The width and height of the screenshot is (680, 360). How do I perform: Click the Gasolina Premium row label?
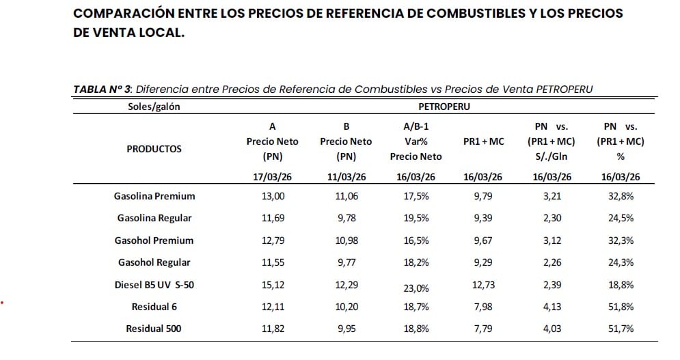click(x=154, y=196)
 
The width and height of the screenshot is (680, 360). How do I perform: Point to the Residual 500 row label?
click(x=154, y=329)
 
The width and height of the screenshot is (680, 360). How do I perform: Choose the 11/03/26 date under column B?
click(x=346, y=177)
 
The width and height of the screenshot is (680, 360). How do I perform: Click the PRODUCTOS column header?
click(x=154, y=149)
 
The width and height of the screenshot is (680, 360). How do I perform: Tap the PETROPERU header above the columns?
click(x=444, y=107)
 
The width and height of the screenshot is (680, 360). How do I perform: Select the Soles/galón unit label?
click(x=154, y=107)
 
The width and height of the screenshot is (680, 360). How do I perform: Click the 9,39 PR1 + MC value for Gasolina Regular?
click(x=482, y=218)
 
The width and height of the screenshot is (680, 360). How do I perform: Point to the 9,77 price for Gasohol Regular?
click(x=346, y=262)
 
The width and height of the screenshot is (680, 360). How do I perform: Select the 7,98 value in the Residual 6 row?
click(x=482, y=307)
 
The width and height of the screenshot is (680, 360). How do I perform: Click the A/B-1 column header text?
click(x=416, y=126)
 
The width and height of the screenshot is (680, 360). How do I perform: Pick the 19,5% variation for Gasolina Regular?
click(x=416, y=218)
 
